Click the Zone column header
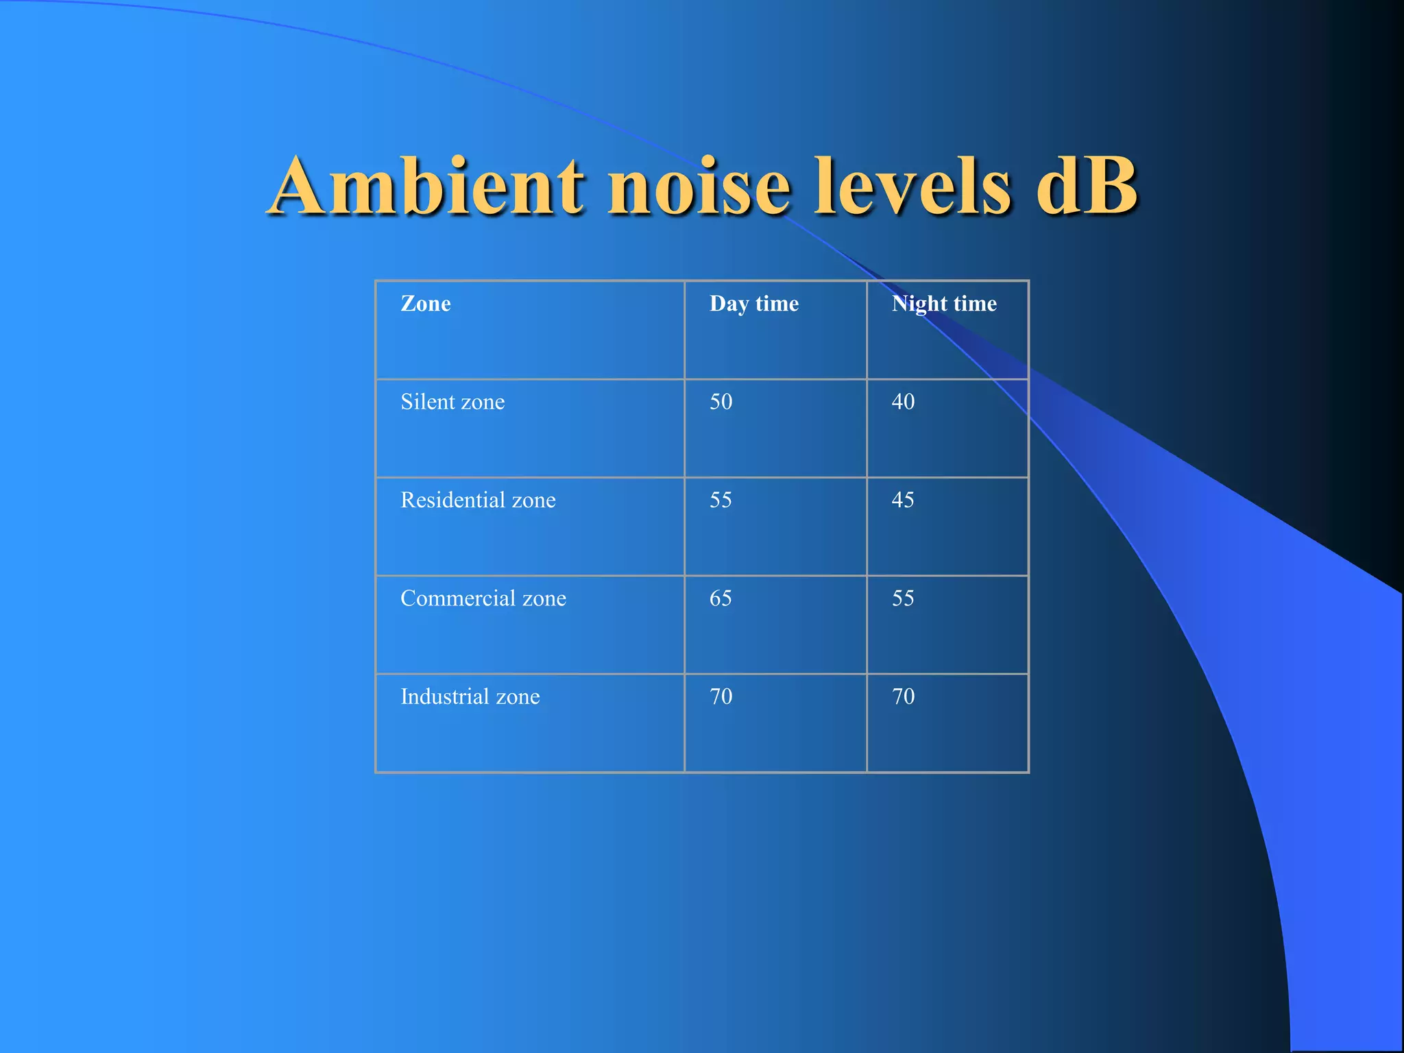tap(426, 303)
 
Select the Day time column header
tap(754, 304)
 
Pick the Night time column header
tap(944, 304)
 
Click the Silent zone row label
tap(452, 402)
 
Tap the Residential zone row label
tap(478, 500)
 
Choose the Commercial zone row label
tap(483, 598)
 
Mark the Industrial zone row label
tap(470, 697)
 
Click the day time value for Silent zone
tap(721, 402)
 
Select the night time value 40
tap(903, 402)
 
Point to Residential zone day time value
tap(721, 500)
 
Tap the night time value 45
tap(903, 500)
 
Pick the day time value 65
tap(721, 598)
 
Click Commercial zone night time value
tap(903, 598)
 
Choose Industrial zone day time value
tap(721, 697)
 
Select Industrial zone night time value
tap(904, 697)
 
